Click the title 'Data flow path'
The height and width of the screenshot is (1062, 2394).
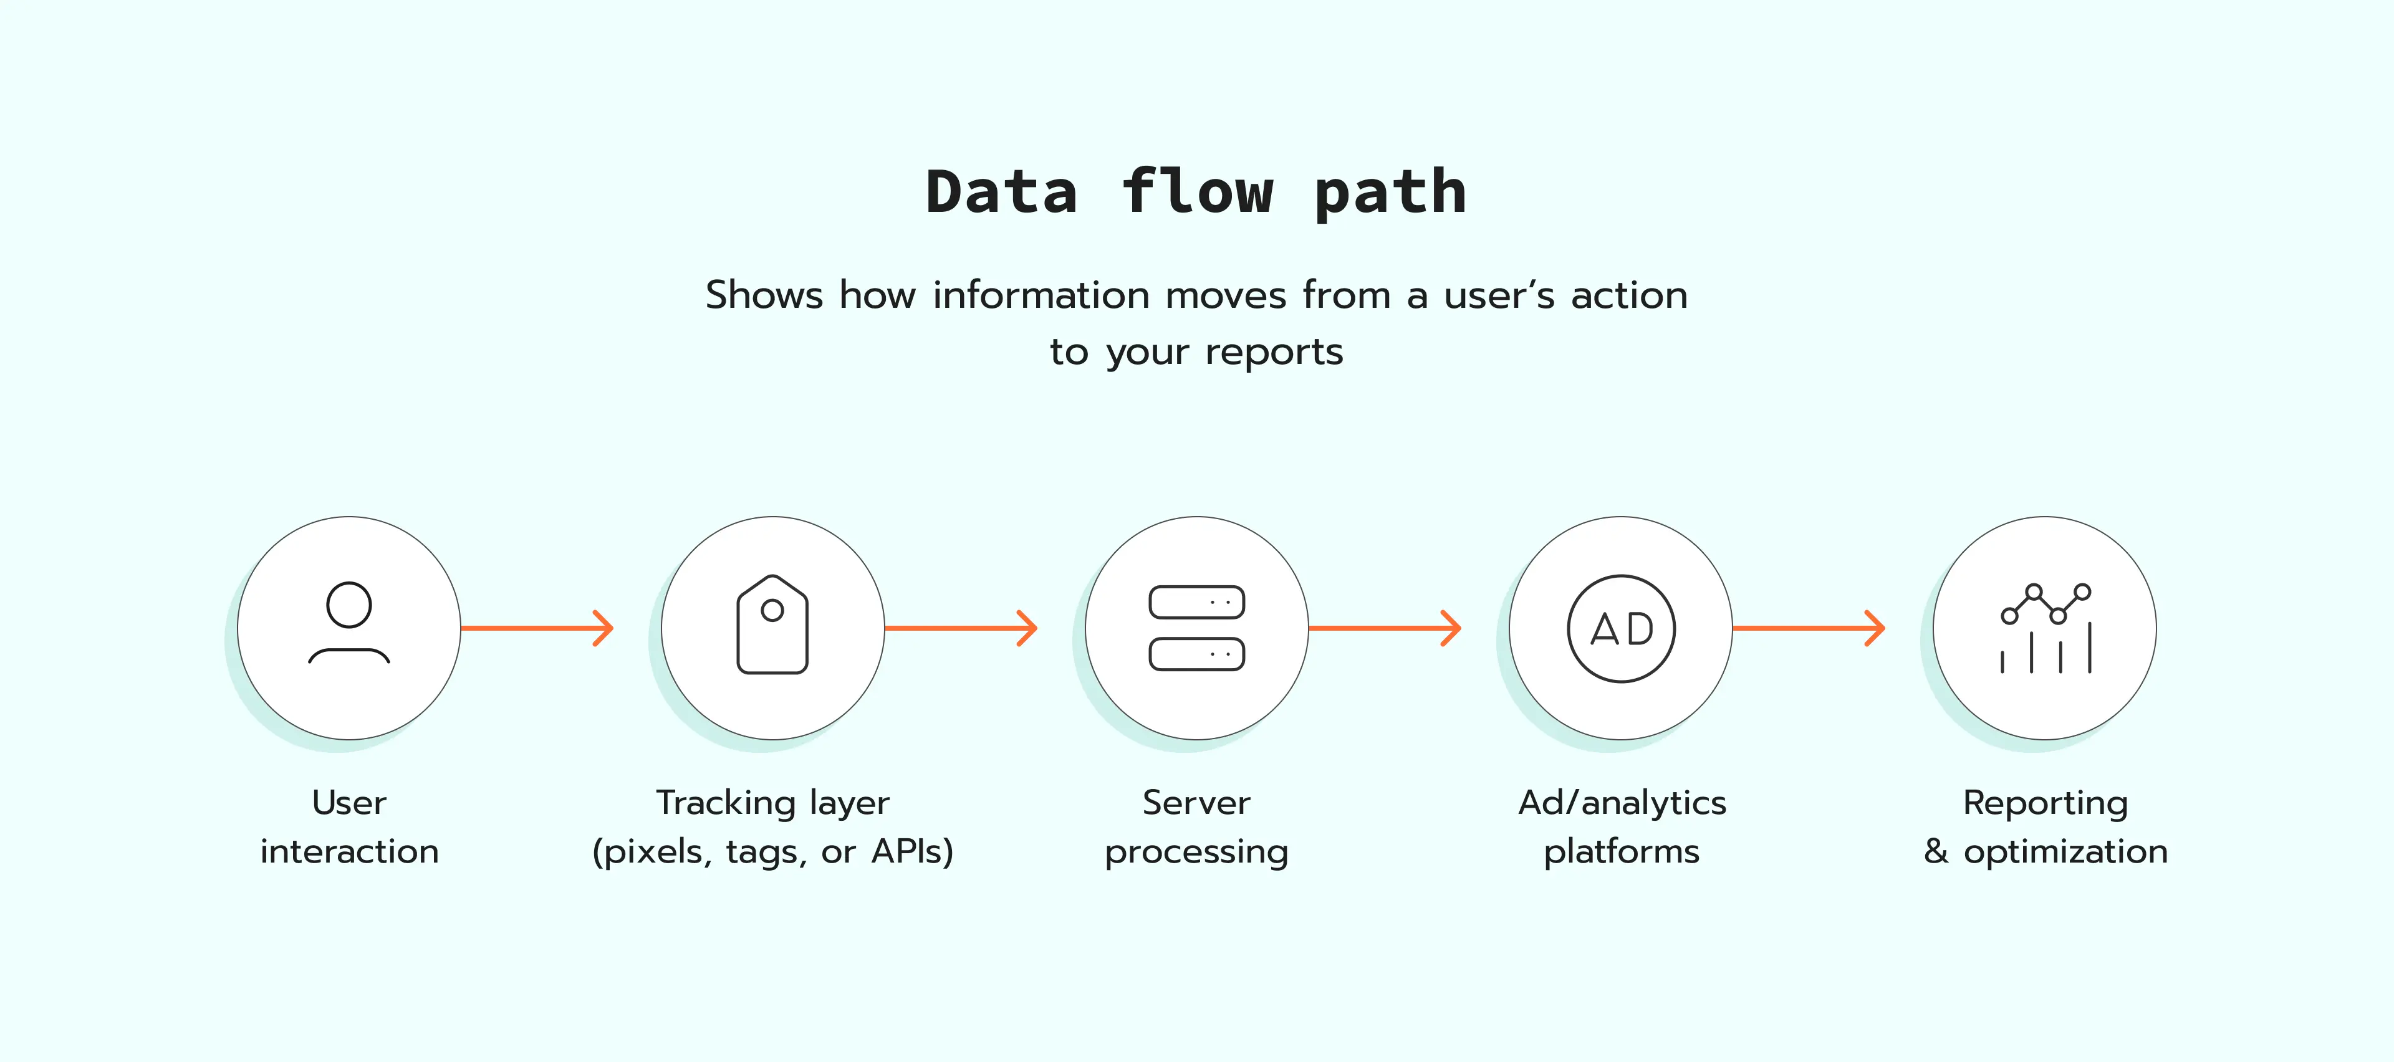pos(1196,193)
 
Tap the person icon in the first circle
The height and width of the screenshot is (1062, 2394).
pos(349,623)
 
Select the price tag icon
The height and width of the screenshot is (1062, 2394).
pos(772,624)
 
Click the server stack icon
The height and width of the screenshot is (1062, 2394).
pos(1196,628)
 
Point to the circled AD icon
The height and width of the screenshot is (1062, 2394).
pos(1621,629)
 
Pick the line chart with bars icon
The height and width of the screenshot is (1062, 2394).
pos(2045,628)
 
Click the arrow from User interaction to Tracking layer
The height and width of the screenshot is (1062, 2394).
pos(537,628)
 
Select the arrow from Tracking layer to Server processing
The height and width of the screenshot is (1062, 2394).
pos(961,628)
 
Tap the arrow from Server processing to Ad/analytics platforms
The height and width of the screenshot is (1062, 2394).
pos(1385,628)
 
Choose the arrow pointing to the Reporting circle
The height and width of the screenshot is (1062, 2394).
pos(1809,628)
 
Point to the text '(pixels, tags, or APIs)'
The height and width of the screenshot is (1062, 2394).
pos(772,852)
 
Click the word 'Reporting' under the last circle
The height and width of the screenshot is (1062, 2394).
pos(2045,803)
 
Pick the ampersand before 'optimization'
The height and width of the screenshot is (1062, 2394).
pos(1936,851)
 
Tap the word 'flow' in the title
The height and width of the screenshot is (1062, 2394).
pos(1196,193)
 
